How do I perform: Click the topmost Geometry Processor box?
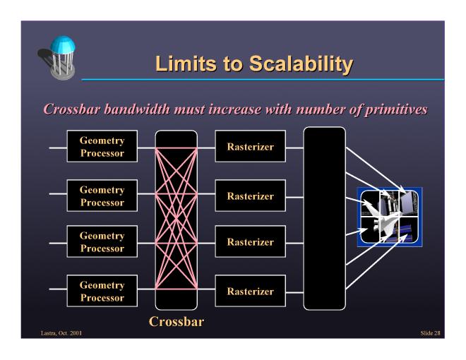pos(102,146)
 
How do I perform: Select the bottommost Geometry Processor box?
pos(102,291)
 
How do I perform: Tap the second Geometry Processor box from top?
pos(102,196)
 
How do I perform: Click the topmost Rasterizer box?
pos(250,146)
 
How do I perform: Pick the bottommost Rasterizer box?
pos(250,291)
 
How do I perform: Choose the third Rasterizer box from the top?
pos(250,241)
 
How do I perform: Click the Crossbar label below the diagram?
pos(177,321)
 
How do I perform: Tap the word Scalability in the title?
pos(301,64)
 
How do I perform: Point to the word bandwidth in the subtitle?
pos(137,109)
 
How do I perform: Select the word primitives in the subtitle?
pos(396,109)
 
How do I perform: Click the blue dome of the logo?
pos(63,44)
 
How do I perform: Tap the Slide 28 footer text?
pos(430,333)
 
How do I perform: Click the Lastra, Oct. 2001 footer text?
pos(61,333)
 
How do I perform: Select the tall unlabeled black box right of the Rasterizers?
pos(325,219)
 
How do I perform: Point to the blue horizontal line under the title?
pos(263,80)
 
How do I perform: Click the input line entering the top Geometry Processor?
pos(58,148)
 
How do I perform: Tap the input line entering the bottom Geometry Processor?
pos(58,289)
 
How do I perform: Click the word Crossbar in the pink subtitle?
pos(72,109)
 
